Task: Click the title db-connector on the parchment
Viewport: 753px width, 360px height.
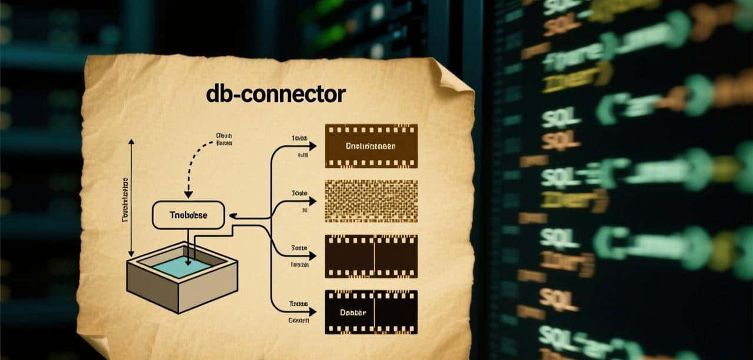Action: coord(276,94)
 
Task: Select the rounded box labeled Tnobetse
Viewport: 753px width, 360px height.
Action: coord(188,215)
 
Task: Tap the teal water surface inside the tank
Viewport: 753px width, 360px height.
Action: coord(182,266)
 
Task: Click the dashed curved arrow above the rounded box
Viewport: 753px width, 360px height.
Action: coord(194,162)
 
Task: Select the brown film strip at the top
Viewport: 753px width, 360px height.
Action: coord(371,146)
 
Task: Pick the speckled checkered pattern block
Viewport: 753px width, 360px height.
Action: coord(371,201)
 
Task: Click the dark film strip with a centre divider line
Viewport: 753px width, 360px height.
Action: coord(371,256)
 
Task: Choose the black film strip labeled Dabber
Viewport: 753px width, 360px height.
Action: coord(371,312)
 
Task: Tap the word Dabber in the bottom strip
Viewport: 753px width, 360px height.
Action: coord(354,312)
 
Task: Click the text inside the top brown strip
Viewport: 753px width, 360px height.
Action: coord(371,146)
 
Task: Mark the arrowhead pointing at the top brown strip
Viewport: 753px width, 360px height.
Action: coord(314,146)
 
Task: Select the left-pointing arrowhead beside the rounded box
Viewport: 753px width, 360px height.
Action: coord(232,216)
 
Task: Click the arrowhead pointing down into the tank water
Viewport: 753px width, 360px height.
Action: coord(188,262)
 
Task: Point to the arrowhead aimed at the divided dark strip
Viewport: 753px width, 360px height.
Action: coord(314,256)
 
